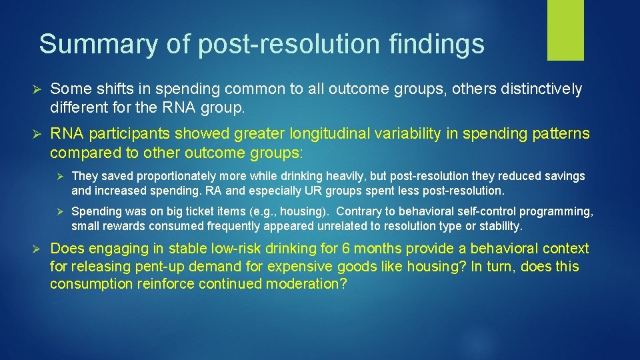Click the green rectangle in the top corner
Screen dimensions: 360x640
pyautogui.click(x=565, y=29)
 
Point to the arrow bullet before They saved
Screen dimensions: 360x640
pyautogui.click(x=59, y=177)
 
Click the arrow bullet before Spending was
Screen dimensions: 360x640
pyautogui.click(x=59, y=212)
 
